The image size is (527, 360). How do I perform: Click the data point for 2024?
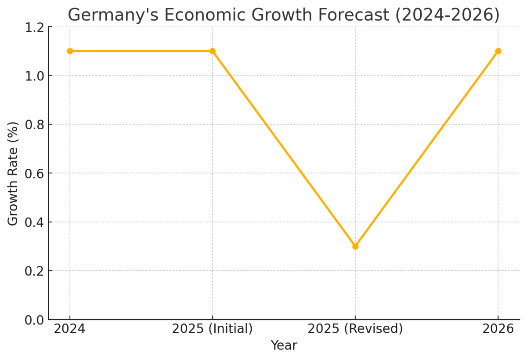(70, 51)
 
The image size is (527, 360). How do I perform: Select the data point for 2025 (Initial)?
(213, 51)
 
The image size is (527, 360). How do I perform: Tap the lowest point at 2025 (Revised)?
(355, 246)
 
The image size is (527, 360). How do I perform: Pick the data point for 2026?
(498, 51)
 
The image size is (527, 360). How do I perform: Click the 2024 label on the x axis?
(69, 329)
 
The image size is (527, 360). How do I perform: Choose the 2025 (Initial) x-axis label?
(213, 329)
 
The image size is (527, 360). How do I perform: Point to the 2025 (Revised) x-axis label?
(355, 329)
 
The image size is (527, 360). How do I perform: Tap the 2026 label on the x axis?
(498, 329)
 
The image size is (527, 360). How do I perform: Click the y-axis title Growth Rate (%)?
(13, 173)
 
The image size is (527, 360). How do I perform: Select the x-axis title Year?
(284, 345)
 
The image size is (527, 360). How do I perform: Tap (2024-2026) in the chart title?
(447, 15)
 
